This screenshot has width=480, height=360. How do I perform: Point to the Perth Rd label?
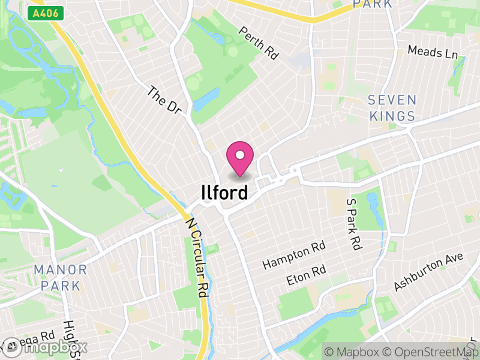(x=259, y=43)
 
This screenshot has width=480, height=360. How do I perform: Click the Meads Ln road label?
(x=433, y=52)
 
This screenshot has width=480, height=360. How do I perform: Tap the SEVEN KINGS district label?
(x=392, y=108)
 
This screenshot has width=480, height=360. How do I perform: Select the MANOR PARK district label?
(x=61, y=277)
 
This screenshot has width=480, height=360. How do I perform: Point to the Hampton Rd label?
(x=293, y=256)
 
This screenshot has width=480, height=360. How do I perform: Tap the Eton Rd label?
(x=306, y=275)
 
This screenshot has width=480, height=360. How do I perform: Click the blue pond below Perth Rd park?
(x=206, y=100)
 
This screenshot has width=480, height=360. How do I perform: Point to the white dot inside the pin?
(x=240, y=155)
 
